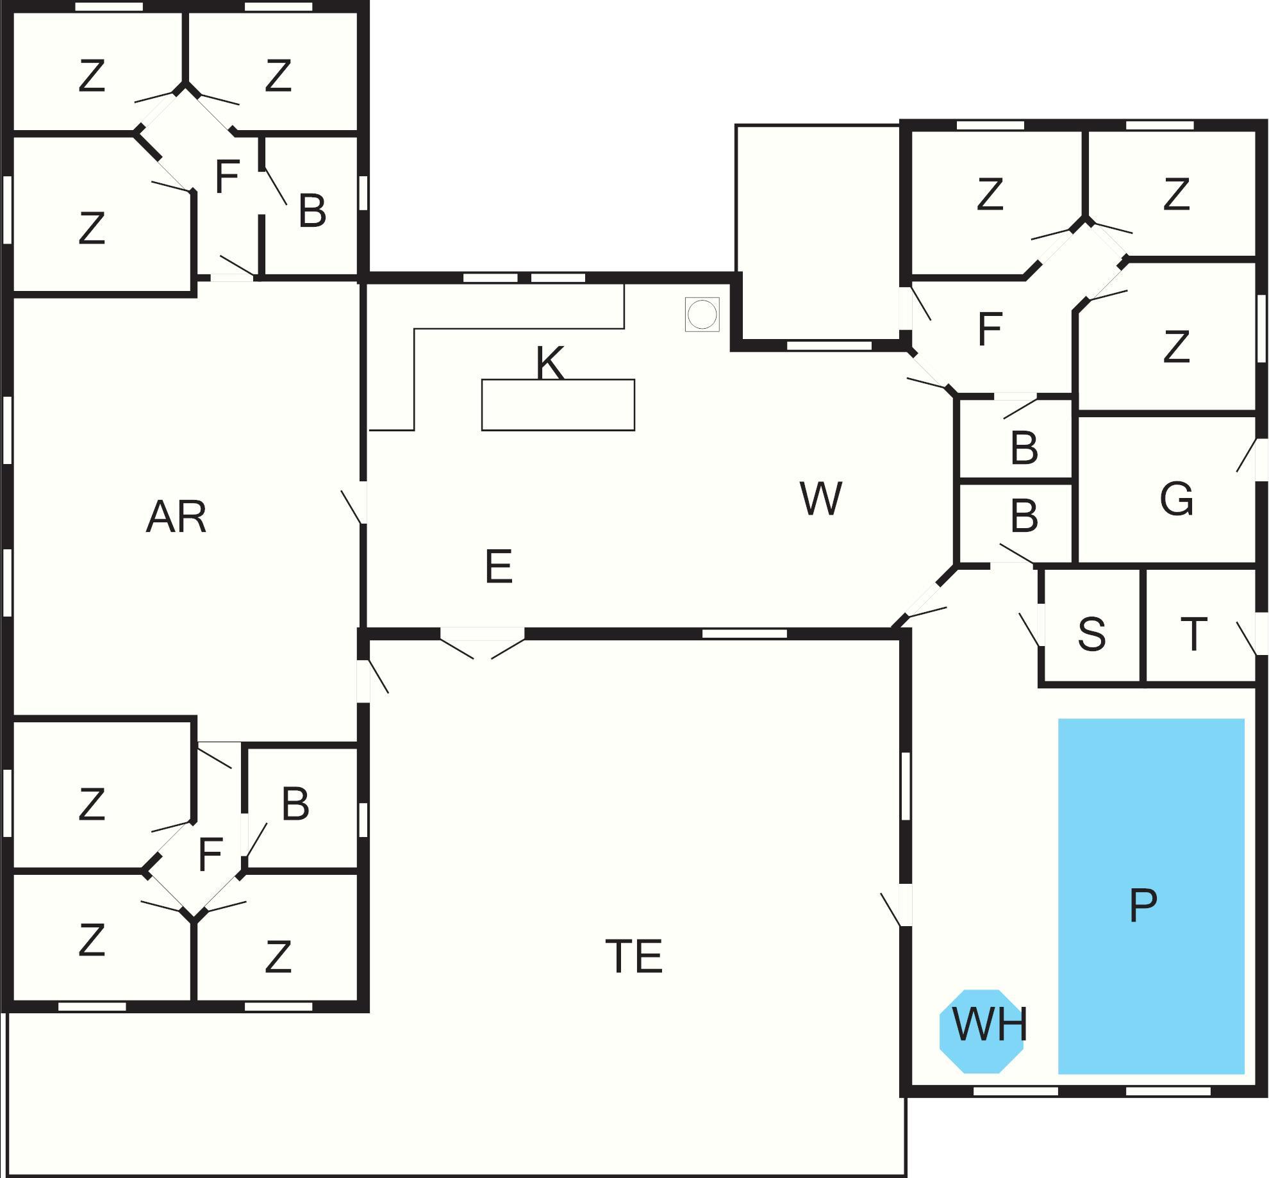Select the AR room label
176,517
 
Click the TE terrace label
633,956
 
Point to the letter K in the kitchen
550,363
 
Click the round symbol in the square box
702,315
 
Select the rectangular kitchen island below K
558,405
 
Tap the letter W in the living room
820,499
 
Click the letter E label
499,567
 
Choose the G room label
1176,499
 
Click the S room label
1091,634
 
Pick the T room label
1193,634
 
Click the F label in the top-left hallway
227,177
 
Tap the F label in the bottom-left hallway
210,854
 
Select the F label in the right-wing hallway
990,329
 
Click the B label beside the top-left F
312,210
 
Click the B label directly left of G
1024,516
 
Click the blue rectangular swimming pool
1150,833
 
